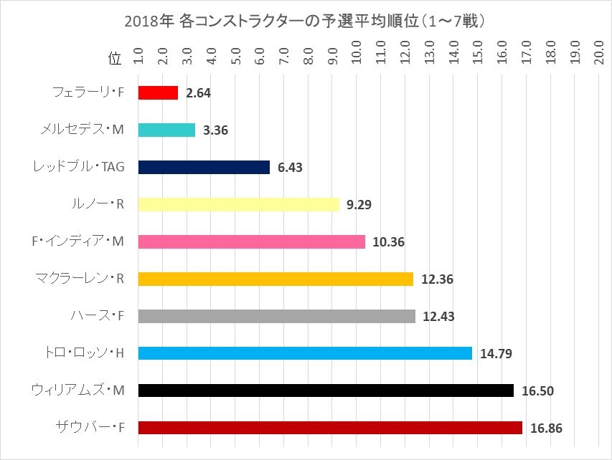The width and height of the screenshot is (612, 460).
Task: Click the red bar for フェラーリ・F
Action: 158,92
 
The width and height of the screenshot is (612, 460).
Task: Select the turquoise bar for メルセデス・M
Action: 166,130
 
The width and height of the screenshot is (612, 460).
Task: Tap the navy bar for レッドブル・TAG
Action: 204,167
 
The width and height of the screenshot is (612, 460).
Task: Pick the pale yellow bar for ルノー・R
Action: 238,204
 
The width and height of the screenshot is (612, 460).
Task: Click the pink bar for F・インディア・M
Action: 251,241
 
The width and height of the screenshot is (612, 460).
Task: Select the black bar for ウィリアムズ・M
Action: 326,390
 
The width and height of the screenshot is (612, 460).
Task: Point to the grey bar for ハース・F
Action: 276,316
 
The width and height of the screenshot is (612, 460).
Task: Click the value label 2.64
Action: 198,92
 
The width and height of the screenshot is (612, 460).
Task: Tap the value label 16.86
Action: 547,428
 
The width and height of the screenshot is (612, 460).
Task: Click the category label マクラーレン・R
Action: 80,279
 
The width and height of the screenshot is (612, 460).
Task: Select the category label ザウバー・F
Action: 90,428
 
